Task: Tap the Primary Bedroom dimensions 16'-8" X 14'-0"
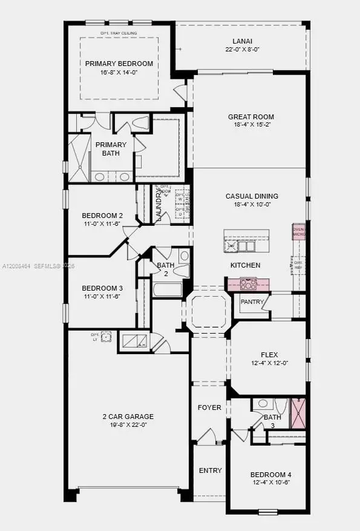pos(119,72)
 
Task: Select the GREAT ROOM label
pos(250,117)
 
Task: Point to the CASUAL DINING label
pos(252,196)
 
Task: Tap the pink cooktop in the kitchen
pos(248,283)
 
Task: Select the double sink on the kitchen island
pos(246,246)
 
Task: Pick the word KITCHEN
pos(245,265)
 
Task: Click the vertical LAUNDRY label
pos(159,205)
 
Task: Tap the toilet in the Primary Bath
pos(140,123)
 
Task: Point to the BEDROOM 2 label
pos(102,215)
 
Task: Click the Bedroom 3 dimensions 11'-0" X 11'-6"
pos(102,296)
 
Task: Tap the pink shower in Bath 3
pos(298,414)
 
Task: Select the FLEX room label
pos(269,355)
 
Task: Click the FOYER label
pos(209,407)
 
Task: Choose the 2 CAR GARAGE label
pos(128,416)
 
